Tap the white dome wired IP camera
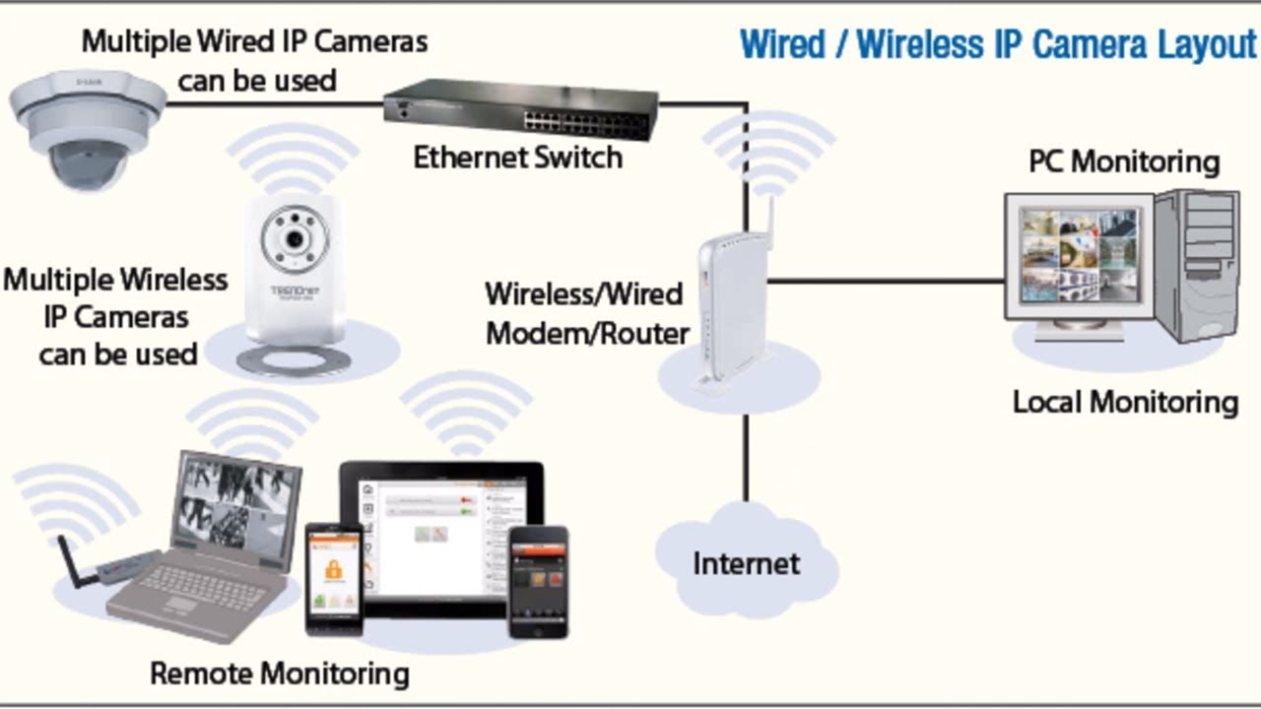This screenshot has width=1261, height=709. point(88,132)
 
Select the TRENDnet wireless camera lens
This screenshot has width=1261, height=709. point(293,239)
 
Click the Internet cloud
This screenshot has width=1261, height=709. point(746,560)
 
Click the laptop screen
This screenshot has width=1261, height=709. point(234,506)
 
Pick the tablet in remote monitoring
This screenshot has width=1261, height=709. point(439,537)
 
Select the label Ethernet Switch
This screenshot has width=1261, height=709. point(517,157)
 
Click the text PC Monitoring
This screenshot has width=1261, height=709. point(1123,161)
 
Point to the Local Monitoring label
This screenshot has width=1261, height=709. point(1125,402)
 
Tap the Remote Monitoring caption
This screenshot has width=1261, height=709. point(279,674)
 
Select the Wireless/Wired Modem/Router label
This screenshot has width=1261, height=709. point(586,313)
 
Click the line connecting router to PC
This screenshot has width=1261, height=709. point(887,281)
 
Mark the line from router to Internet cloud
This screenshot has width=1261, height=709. point(746,458)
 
